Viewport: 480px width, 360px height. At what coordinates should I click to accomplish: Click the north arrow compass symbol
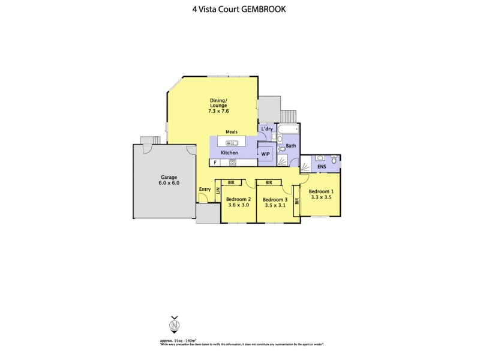(x=175, y=325)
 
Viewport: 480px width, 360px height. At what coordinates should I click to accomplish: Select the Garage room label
(x=169, y=178)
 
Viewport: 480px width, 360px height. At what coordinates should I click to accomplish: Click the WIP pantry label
(x=265, y=154)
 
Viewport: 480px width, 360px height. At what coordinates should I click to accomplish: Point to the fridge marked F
(x=215, y=163)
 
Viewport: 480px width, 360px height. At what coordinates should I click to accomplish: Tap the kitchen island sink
(x=232, y=143)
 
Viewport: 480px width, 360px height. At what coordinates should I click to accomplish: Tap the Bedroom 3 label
(x=275, y=199)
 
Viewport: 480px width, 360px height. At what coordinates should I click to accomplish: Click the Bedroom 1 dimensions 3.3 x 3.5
(x=320, y=197)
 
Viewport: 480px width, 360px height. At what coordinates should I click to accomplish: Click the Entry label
(x=205, y=190)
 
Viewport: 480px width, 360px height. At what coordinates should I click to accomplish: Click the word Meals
(x=232, y=132)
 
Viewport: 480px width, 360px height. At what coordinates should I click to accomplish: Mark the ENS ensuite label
(x=322, y=166)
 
